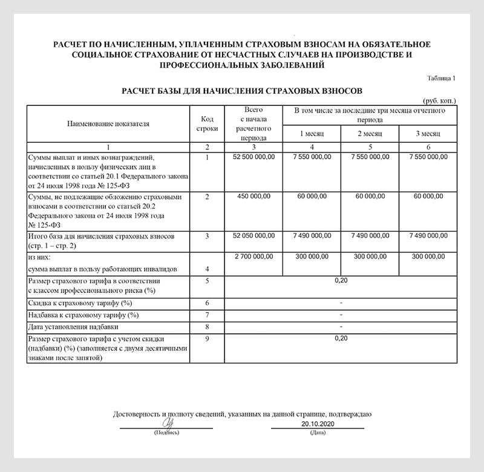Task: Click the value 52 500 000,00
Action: point(253,157)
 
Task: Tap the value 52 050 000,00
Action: point(253,235)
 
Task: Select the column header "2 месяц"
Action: point(370,133)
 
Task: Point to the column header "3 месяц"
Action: point(428,133)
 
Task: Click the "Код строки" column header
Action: point(207,123)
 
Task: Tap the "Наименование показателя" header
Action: point(108,123)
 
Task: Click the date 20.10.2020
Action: point(317,425)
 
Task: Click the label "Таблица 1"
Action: point(442,78)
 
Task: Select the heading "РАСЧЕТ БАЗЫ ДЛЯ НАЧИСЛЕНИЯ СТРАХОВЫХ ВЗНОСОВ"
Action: point(242,91)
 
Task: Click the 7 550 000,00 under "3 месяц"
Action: point(428,157)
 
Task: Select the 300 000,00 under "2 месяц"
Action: point(370,257)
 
